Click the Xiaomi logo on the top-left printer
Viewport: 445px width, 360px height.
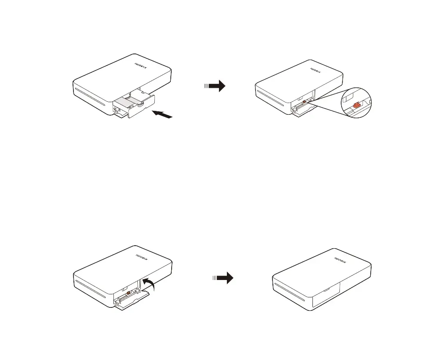(141, 66)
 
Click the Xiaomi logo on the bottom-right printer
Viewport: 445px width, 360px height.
(340, 260)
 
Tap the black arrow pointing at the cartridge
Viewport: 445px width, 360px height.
(162, 114)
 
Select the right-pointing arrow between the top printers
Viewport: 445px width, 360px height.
(215, 86)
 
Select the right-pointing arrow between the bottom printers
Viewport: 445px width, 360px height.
(223, 278)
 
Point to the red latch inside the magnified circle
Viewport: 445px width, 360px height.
(356, 105)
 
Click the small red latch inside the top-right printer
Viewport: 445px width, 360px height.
(304, 101)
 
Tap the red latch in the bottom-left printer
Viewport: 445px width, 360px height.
(129, 293)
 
